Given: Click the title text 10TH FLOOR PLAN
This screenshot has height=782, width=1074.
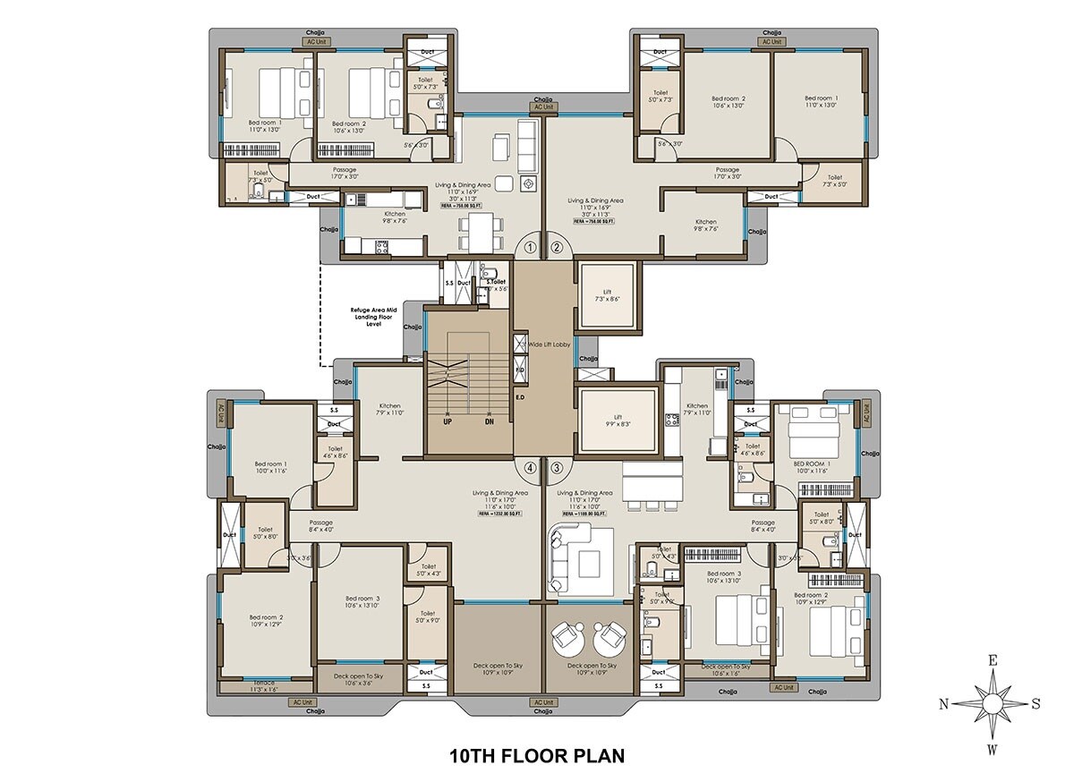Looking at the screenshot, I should pyautogui.click(x=536, y=755).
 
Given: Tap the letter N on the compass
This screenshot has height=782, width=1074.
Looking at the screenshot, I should pyautogui.click(x=943, y=704).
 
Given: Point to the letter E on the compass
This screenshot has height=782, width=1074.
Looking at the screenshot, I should pyautogui.click(x=993, y=660).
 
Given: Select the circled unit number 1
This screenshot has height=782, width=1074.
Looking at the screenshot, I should pyautogui.click(x=530, y=248).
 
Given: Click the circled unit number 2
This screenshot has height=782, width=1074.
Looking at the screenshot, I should pyautogui.click(x=556, y=248).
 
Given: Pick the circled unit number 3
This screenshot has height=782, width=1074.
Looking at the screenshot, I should pyautogui.click(x=556, y=467).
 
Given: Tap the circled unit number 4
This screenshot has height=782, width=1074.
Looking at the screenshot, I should pyautogui.click(x=530, y=467).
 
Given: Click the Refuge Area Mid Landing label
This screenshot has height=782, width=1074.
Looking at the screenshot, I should pyautogui.click(x=373, y=318).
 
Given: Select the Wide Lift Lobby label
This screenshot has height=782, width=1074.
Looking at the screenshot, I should pyautogui.click(x=549, y=344).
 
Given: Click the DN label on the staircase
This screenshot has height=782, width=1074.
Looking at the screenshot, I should pyautogui.click(x=490, y=421).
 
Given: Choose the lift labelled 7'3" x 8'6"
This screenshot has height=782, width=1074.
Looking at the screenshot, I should pyautogui.click(x=608, y=294).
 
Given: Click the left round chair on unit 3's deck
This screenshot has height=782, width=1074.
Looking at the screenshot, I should pyautogui.click(x=567, y=638).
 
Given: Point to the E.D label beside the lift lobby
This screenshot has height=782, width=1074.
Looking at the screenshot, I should pyautogui.click(x=519, y=396).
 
